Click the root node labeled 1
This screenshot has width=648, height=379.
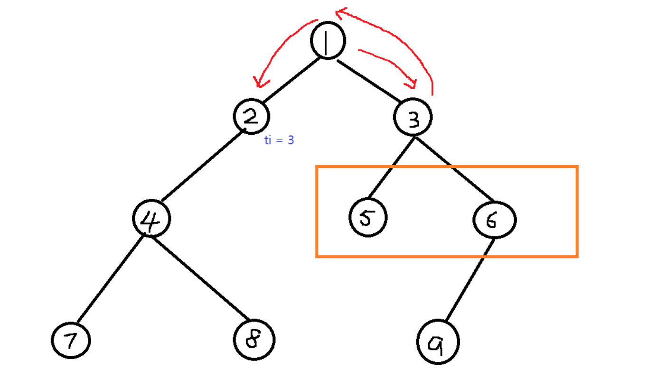(328, 41)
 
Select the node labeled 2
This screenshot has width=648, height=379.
(251, 117)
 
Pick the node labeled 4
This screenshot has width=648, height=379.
(151, 219)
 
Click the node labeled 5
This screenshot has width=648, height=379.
(367, 218)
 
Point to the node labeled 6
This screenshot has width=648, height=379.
(494, 220)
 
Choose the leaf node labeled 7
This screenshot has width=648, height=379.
(71, 341)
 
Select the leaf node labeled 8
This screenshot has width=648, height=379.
(254, 340)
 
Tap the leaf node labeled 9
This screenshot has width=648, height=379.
(438, 342)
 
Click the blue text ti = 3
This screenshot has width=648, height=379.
(279, 140)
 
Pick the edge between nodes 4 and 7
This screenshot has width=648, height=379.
(110, 278)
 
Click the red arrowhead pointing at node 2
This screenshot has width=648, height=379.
(258, 83)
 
